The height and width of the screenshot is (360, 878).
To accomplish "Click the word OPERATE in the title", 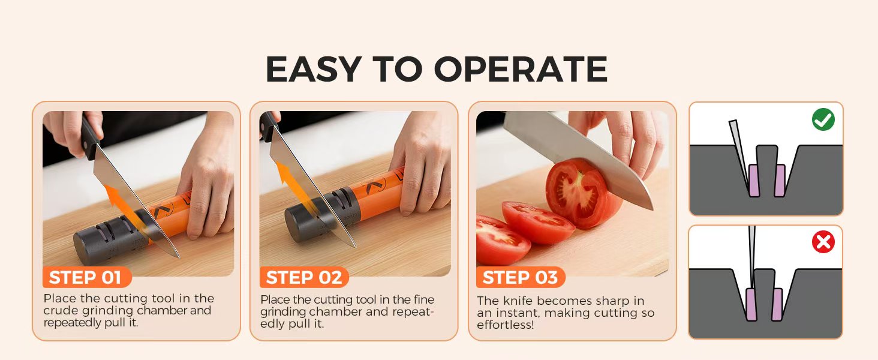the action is (x=521, y=69).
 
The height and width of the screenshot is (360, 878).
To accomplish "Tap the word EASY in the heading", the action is (x=314, y=69).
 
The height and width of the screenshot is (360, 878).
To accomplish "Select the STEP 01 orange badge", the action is (x=86, y=277).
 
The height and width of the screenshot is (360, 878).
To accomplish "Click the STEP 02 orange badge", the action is (x=304, y=277).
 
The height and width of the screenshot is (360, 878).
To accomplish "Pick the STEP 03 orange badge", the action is (x=521, y=277).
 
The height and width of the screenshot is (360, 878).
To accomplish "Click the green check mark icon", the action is (x=823, y=119).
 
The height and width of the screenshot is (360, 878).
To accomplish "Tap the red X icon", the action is (x=823, y=242).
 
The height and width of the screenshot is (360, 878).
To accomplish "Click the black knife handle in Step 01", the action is (x=90, y=135).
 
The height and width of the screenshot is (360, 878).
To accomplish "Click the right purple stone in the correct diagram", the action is (x=780, y=181).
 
